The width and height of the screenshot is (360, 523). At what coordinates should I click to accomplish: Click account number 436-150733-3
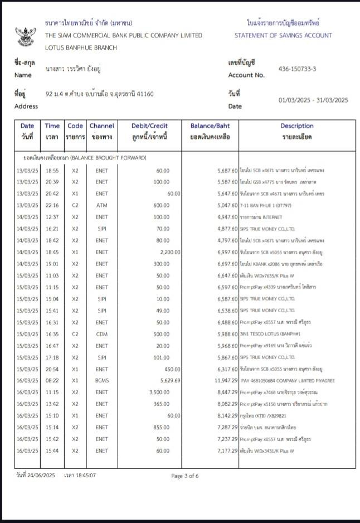pyautogui.click(x=297, y=69)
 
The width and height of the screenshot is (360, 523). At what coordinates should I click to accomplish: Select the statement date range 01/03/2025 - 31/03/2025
pyautogui.click(x=313, y=100)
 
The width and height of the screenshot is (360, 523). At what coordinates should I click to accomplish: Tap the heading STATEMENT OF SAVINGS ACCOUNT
pyautogui.click(x=283, y=35)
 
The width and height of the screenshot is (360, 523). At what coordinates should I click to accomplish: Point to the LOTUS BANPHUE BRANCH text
pyautogui.click(x=81, y=47)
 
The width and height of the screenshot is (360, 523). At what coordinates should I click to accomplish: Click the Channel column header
pyautogui.click(x=102, y=126)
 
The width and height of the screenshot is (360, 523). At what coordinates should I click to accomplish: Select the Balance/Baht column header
pyautogui.click(x=210, y=126)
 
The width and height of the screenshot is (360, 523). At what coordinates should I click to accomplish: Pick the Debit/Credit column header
pyautogui.click(x=149, y=126)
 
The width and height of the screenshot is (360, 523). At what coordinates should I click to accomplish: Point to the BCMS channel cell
pyautogui.click(x=102, y=381)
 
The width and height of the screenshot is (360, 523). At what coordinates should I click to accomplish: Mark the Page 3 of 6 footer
pyautogui.click(x=184, y=476)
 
